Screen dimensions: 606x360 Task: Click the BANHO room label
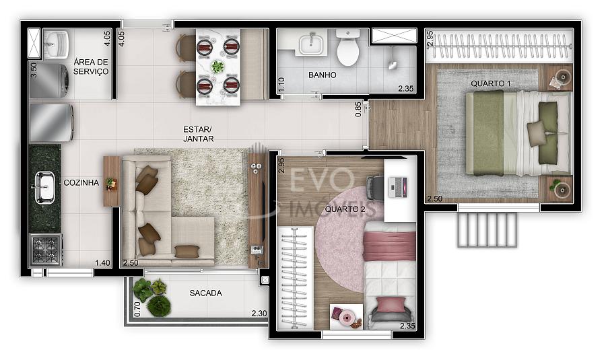click(x=322, y=75)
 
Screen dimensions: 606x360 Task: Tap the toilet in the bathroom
click(x=348, y=47)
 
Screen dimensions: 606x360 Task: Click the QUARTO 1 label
click(x=490, y=83)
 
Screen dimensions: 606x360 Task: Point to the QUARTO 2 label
click(x=345, y=209)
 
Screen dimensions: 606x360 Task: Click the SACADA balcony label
click(x=205, y=293)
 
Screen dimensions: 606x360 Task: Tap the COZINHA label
click(x=81, y=183)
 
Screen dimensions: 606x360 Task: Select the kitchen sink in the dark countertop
click(x=44, y=187)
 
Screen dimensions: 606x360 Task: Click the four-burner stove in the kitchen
click(x=46, y=250)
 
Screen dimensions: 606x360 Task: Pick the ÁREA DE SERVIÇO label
click(x=91, y=67)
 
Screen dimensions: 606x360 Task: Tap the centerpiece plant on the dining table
click(x=217, y=67)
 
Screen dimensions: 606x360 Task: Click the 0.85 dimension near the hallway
click(x=358, y=109)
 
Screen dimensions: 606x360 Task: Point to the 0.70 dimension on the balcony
click(x=137, y=310)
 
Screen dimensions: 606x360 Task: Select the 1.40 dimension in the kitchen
click(x=102, y=263)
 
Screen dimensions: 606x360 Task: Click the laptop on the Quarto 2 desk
click(x=398, y=187)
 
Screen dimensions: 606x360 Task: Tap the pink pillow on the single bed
click(x=391, y=305)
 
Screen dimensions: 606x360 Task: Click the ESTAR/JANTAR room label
click(x=198, y=134)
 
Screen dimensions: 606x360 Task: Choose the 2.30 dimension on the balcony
click(x=259, y=314)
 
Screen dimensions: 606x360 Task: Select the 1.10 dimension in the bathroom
click(x=281, y=84)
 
